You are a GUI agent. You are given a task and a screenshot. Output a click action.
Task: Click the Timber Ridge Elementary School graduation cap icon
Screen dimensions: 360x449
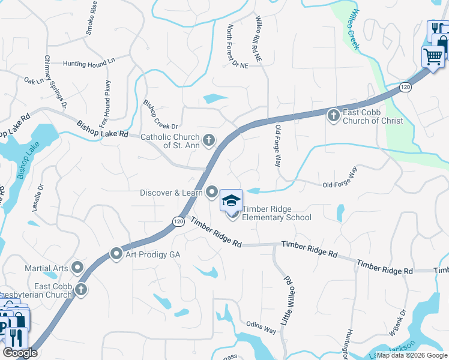(x=231, y=200)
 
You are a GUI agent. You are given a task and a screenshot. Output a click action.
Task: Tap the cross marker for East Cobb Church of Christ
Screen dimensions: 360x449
(x=334, y=115)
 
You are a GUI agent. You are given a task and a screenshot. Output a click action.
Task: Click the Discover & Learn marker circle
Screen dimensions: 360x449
(x=212, y=192)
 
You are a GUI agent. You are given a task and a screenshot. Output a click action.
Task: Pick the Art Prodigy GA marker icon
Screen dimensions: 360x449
(x=116, y=254)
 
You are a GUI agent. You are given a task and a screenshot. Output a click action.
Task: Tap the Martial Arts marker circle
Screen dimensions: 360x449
(x=77, y=267)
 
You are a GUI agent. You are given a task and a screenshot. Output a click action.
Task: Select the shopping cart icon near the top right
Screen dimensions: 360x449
(x=433, y=56)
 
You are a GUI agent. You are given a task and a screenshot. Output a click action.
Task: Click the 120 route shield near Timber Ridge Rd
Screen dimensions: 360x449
(x=178, y=221)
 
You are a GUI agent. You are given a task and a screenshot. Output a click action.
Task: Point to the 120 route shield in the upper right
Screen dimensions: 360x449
(x=406, y=88)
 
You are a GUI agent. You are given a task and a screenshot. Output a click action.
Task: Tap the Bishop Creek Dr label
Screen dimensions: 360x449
(x=160, y=114)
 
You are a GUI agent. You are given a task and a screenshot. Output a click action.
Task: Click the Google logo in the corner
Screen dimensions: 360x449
(x=20, y=353)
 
